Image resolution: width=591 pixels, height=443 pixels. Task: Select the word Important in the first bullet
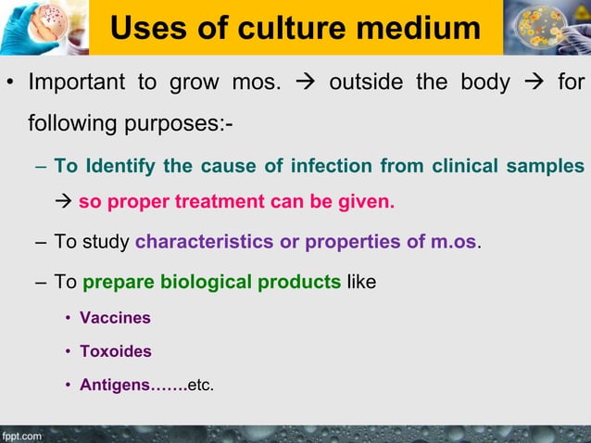click(x=77, y=82)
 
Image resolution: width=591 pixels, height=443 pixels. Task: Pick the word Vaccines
click(x=115, y=318)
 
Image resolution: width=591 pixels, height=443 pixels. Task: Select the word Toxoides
click(x=116, y=352)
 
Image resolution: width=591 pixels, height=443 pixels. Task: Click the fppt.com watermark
click(x=21, y=434)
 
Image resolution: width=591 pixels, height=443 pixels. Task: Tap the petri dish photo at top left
click(x=44, y=27)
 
